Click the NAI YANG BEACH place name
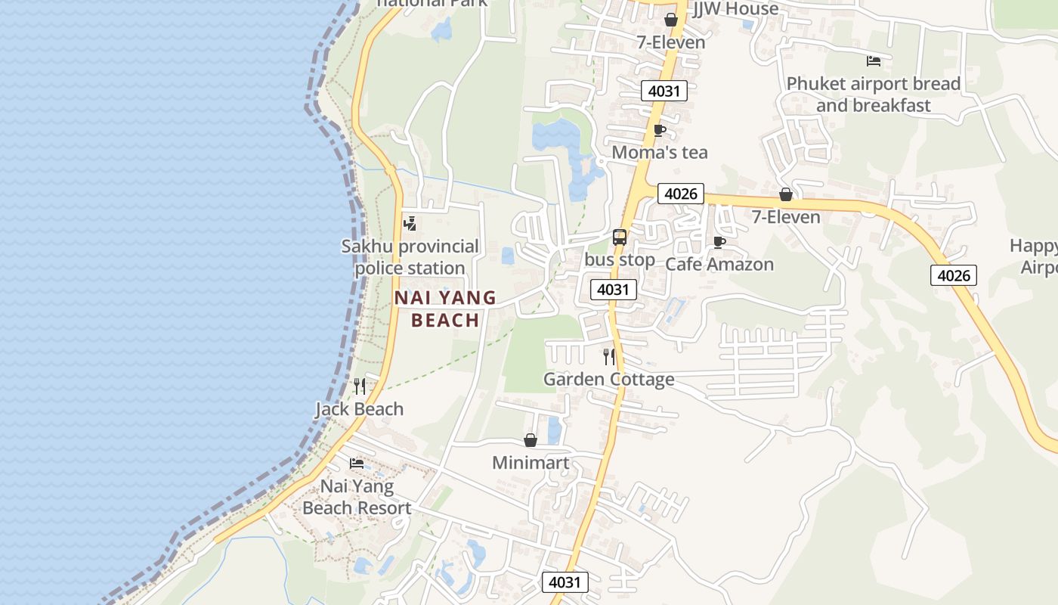tap(445, 309)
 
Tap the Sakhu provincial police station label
tap(410, 257)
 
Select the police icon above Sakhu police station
tap(410, 223)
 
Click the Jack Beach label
tap(359, 409)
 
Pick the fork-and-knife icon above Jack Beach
tap(360, 386)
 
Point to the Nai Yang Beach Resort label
tap(357, 497)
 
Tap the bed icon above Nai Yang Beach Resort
tap(357, 463)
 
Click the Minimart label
tap(531, 462)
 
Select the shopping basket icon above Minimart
tap(531, 440)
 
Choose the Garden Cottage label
tap(608, 379)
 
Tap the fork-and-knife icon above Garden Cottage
tap(609, 356)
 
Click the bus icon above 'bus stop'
tap(620, 237)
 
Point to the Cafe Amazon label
tap(719, 264)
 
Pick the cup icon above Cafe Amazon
tap(719, 242)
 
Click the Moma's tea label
tap(660, 152)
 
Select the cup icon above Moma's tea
tap(659, 130)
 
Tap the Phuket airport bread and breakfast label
tap(874, 95)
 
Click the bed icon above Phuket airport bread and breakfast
tap(874, 60)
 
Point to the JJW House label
tap(735, 9)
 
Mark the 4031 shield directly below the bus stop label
tap(613, 290)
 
